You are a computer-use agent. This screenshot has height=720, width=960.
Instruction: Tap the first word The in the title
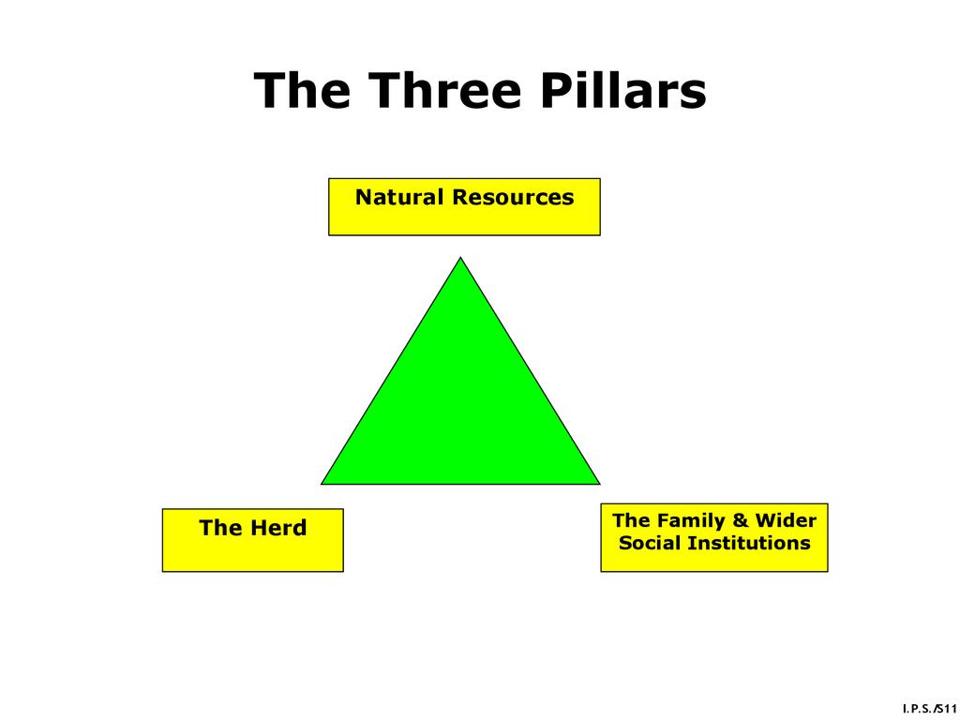pyautogui.click(x=302, y=91)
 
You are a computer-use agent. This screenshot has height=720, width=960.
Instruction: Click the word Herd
pyautogui.click(x=279, y=528)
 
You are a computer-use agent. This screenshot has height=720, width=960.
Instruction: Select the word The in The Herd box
pyautogui.click(x=221, y=528)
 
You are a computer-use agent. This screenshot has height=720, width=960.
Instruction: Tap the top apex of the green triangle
pyautogui.click(x=460, y=260)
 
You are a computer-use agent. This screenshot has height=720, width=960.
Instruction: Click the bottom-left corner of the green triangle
pyautogui.click(x=323, y=483)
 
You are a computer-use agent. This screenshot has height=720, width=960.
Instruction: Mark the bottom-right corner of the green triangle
pyautogui.click(x=597, y=483)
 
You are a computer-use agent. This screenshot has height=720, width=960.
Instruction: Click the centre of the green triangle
pyautogui.click(x=460, y=408)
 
